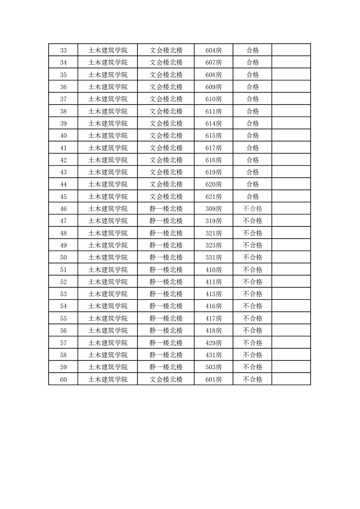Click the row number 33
[63, 50]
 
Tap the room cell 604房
[213, 50]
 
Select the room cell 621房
[213, 196]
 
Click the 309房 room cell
[213, 209]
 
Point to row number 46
[63, 209]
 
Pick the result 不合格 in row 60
[252, 379]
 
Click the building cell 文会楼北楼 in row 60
[166, 379]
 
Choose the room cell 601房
[213, 379]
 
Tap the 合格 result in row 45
[252, 196]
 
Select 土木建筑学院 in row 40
[108, 135]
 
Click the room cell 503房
[213, 367]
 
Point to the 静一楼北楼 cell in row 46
[166, 209]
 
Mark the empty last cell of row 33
[291, 50]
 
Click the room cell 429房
[213, 343]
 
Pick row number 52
[63, 282]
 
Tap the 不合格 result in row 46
[252, 209]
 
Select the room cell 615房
[213, 135]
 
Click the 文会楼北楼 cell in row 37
[166, 99]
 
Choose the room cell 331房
[213, 257]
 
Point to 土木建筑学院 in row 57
[108, 343]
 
